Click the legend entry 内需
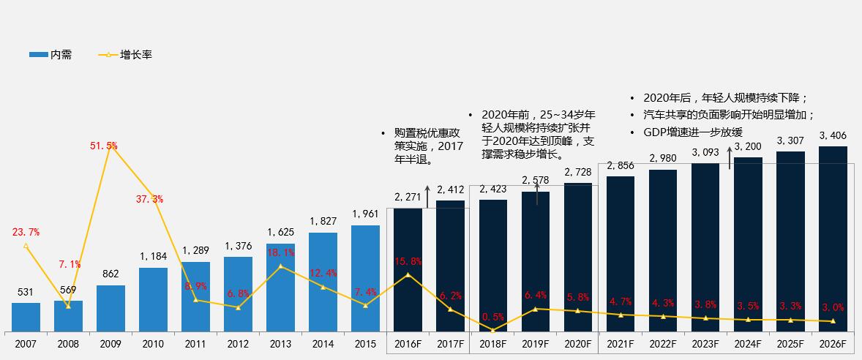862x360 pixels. click(x=50, y=55)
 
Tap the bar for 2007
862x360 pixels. click(x=26, y=316)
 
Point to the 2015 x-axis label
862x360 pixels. click(x=365, y=343)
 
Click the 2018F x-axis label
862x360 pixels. click(x=492, y=343)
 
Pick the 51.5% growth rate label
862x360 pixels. click(x=104, y=146)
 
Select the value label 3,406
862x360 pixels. click(x=833, y=135)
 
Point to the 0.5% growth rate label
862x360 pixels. click(x=492, y=317)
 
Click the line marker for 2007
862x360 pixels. click(x=26, y=246)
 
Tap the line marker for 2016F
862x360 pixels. click(x=408, y=275)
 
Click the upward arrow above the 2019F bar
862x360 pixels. click(x=538, y=195)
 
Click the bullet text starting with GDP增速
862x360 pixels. click(x=692, y=132)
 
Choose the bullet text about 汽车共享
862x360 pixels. click(x=728, y=115)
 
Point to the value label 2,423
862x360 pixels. click(x=492, y=190)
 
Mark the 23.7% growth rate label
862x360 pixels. click(x=26, y=232)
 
